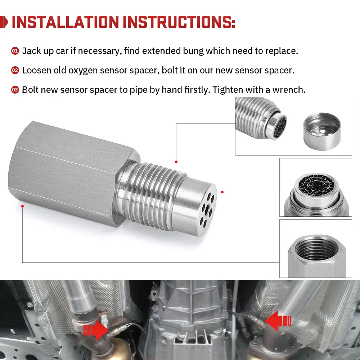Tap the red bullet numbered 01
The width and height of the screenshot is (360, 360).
(15, 51)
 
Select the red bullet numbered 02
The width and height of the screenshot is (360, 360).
(15, 71)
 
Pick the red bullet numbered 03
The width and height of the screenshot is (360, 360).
(15, 90)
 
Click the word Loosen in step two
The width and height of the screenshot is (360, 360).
(37, 71)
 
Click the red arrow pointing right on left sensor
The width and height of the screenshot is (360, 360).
(95, 329)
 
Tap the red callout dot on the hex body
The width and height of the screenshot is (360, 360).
(23, 206)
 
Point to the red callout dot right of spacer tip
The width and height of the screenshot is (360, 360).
(222, 192)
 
